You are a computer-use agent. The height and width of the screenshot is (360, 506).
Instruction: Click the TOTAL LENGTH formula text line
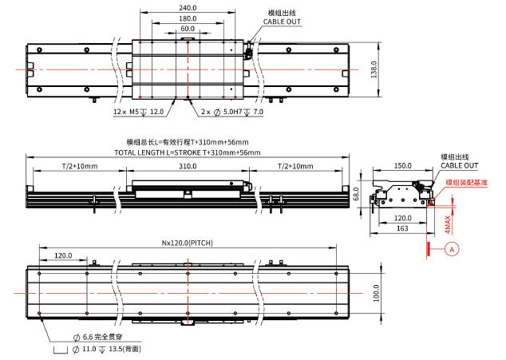pyautogui.click(x=187, y=152)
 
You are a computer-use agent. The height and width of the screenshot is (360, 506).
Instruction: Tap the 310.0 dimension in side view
pyautogui.click(x=188, y=166)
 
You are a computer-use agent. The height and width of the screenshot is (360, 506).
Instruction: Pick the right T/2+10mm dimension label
pyautogui.click(x=295, y=166)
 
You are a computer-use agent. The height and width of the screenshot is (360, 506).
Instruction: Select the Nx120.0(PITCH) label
pyautogui.click(x=187, y=243)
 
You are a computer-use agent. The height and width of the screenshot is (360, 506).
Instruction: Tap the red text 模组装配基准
pyautogui.click(x=466, y=183)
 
